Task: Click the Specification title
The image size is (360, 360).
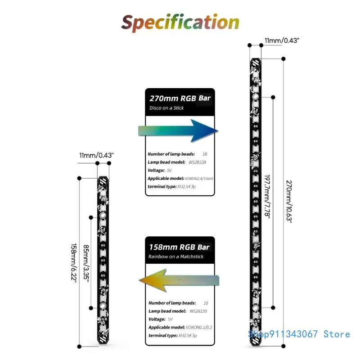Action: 180,22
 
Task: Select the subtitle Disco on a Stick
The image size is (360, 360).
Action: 167,108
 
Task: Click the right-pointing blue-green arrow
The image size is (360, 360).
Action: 178,130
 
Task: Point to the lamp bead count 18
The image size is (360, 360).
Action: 205,154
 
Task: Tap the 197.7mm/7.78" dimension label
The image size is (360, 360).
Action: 268,197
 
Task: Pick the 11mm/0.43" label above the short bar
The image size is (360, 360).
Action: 96,155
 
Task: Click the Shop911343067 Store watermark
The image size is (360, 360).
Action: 299,334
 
